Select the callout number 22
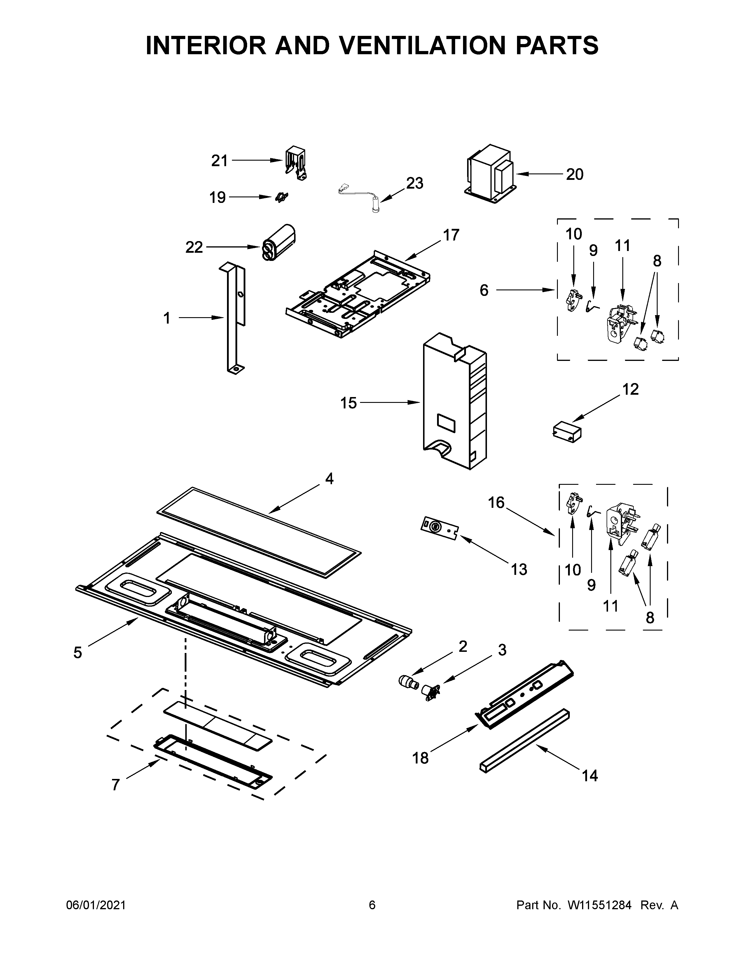click(194, 247)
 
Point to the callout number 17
click(451, 235)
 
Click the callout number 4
click(329, 479)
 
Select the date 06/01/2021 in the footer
click(96, 905)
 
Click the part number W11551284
click(600, 905)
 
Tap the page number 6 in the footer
click(372, 905)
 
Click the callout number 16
click(496, 503)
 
